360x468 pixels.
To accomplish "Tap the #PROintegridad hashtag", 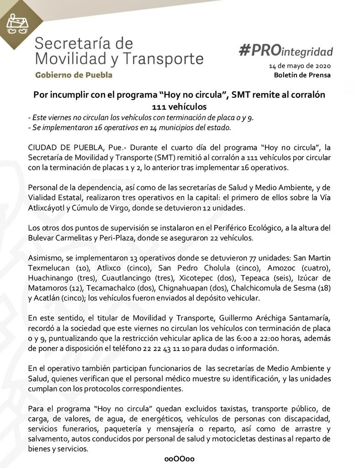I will (x=286, y=51).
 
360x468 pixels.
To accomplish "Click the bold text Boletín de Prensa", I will (x=302, y=75).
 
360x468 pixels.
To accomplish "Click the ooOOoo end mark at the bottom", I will (x=180, y=459).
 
